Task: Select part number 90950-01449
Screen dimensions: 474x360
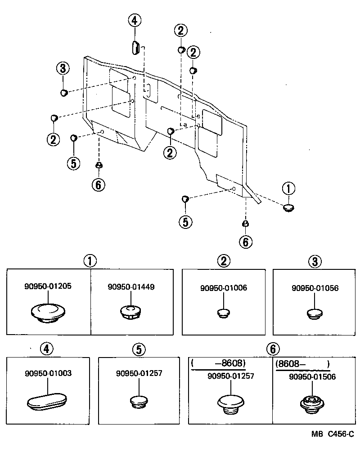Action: coord(131,286)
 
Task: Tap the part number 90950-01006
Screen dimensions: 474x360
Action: coord(224,288)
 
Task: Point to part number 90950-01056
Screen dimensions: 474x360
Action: coord(315,288)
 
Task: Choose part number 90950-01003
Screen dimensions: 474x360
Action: coord(49,373)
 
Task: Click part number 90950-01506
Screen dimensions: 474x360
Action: coord(312,377)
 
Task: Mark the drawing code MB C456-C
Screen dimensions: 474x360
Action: coord(333,434)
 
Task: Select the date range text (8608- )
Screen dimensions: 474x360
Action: coord(302,363)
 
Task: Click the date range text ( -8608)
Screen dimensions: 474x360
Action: coord(219,363)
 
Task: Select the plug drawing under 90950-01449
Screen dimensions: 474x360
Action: coord(130,312)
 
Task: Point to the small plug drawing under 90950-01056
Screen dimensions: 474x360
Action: coord(315,313)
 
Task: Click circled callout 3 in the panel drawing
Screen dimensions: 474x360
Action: coord(63,69)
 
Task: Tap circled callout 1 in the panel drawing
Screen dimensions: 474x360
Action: coord(288,188)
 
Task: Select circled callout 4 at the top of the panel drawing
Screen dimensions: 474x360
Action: coord(134,21)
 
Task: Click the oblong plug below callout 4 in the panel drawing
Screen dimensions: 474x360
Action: coord(135,47)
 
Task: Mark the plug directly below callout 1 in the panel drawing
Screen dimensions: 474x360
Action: coord(288,207)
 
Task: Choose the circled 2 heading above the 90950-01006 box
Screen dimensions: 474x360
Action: coord(224,260)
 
